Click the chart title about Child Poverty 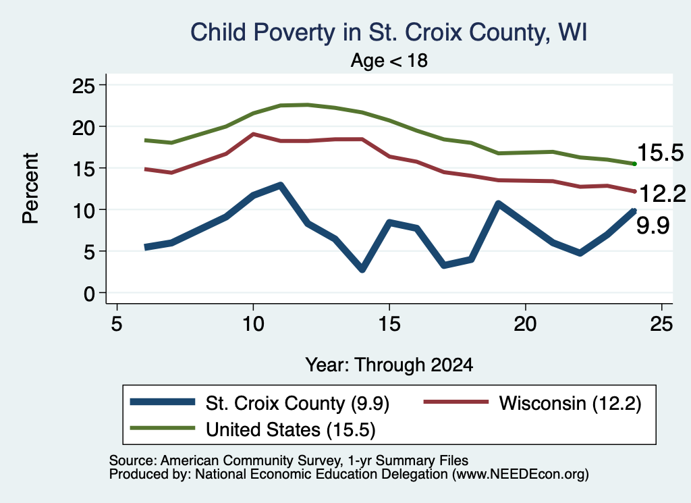click(388, 33)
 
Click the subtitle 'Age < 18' click(389, 60)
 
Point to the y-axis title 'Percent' click(30, 188)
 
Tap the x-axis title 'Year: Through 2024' click(389, 365)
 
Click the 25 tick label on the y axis click(83, 85)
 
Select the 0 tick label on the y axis click(89, 293)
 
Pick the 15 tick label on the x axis click(389, 325)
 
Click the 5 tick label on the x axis click(116, 325)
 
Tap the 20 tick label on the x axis click(525, 325)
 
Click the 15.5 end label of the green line click(660, 153)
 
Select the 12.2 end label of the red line click(661, 194)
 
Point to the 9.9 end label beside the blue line click(653, 226)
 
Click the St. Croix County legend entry click(260, 403)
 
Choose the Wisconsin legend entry click(532, 403)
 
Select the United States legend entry click(253, 429)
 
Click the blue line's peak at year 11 click(280, 186)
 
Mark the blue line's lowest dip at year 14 click(362, 269)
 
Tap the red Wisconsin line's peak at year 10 click(253, 134)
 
